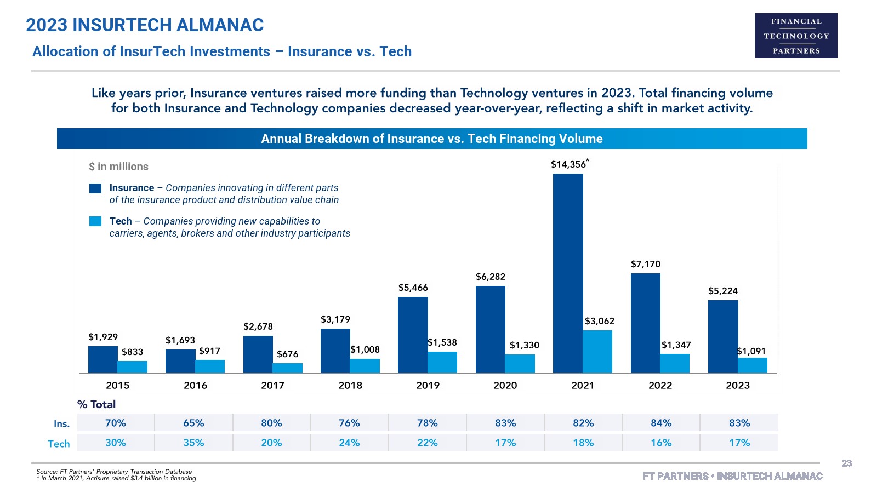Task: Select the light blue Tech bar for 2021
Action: pyautogui.click(x=597, y=352)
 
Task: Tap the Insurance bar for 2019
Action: pyautogui.click(x=413, y=335)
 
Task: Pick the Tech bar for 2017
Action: pyautogui.click(x=288, y=368)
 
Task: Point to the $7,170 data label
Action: pyautogui.click(x=646, y=264)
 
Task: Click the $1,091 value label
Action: pyautogui.click(x=751, y=351)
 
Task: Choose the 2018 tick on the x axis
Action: pyautogui.click(x=350, y=385)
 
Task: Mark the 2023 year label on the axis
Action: pyautogui.click(x=738, y=385)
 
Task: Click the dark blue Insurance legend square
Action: pyautogui.click(x=95, y=188)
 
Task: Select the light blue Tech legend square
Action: pyautogui.click(x=95, y=221)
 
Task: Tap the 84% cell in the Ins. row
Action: pyautogui.click(x=661, y=423)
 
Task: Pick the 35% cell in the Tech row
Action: pyautogui.click(x=193, y=443)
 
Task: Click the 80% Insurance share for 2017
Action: pyautogui.click(x=271, y=423)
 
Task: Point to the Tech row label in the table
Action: pyautogui.click(x=59, y=444)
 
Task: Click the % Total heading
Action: pyautogui.click(x=96, y=404)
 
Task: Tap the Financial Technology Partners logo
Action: pyautogui.click(x=796, y=36)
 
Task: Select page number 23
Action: pyautogui.click(x=847, y=463)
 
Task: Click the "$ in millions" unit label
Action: pyautogui.click(x=118, y=167)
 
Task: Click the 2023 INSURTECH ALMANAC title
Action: pyautogui.click(x=145, y=25)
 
